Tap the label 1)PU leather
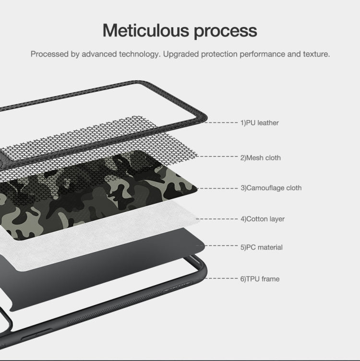point(260,123)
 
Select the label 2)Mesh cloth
point(261,157)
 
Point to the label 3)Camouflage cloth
point(271,188)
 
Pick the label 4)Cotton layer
point(263,219)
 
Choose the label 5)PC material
point(262,247)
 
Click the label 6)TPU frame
point(260,278)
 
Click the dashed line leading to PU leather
point(222,123)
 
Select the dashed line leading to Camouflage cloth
point(218,188)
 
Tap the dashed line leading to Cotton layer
point(218,219)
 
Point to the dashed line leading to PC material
point(222,246)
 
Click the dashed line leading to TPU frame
point(222,278)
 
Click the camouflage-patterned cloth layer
point(96,192)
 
